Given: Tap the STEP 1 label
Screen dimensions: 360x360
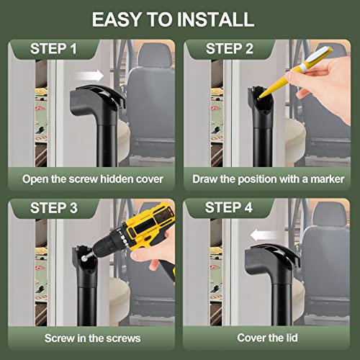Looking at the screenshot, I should click(55, 49).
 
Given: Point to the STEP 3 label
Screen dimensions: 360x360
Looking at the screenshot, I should click(55, 209).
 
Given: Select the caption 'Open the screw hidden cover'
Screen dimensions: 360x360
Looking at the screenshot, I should click(91, 177).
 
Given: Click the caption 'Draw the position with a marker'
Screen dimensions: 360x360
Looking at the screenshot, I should click(268, 177).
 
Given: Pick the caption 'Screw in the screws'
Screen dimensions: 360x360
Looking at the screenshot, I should click(91, 337).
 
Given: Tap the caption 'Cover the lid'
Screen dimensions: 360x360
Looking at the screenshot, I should click(268, 337).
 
